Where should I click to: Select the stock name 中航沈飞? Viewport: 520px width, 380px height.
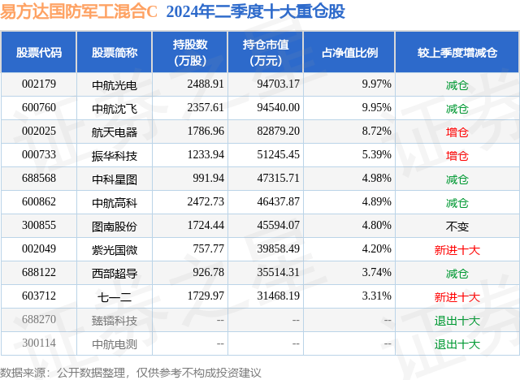click(115, 108)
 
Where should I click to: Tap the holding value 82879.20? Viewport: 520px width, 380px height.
click(278, 132)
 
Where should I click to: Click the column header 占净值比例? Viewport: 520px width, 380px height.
click(355, 53)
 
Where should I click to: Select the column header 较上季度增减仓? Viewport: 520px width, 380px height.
click(457, 53)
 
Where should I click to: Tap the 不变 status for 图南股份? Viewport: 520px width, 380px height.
click(457, 226)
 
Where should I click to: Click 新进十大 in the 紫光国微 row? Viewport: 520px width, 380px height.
click(457, 249)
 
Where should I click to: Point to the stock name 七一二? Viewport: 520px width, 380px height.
click(115, 296)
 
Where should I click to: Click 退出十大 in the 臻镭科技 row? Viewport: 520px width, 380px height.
click(457, 320)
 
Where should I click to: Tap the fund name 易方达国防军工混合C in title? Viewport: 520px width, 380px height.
click(80, 12)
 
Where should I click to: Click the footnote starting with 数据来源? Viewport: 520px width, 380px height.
click(131, 371)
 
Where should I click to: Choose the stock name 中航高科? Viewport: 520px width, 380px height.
click(115, 202)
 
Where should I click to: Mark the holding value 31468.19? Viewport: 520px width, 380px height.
click(278, 296)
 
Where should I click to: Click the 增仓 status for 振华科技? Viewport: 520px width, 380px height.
click(457, 155)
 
